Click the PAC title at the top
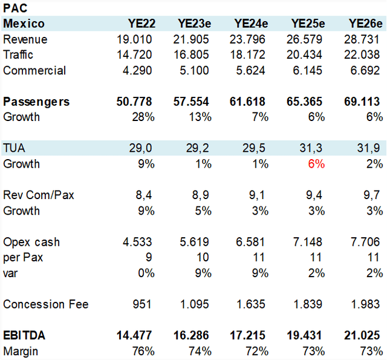coord(15,8)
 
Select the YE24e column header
coord(251,24)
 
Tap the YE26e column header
coord(365,24)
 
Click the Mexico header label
coord(24,24)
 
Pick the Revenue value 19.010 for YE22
coord(134,39)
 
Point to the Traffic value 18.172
coord(247,55)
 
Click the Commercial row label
coord(34,71)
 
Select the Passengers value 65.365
coord(304,102)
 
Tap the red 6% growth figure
coord(316,164)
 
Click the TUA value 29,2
coord(197,148)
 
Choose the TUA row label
coord(14,148)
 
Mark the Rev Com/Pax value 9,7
coord(371,195)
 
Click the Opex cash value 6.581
coord(250,242)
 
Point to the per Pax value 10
coord(203,258)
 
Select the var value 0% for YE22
coord(146,273)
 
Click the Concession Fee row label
coord(46,304)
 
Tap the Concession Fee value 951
coord(142,304)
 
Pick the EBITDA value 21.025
coord(362,336)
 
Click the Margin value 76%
coord(143,352)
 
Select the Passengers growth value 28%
coord(143,117)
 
